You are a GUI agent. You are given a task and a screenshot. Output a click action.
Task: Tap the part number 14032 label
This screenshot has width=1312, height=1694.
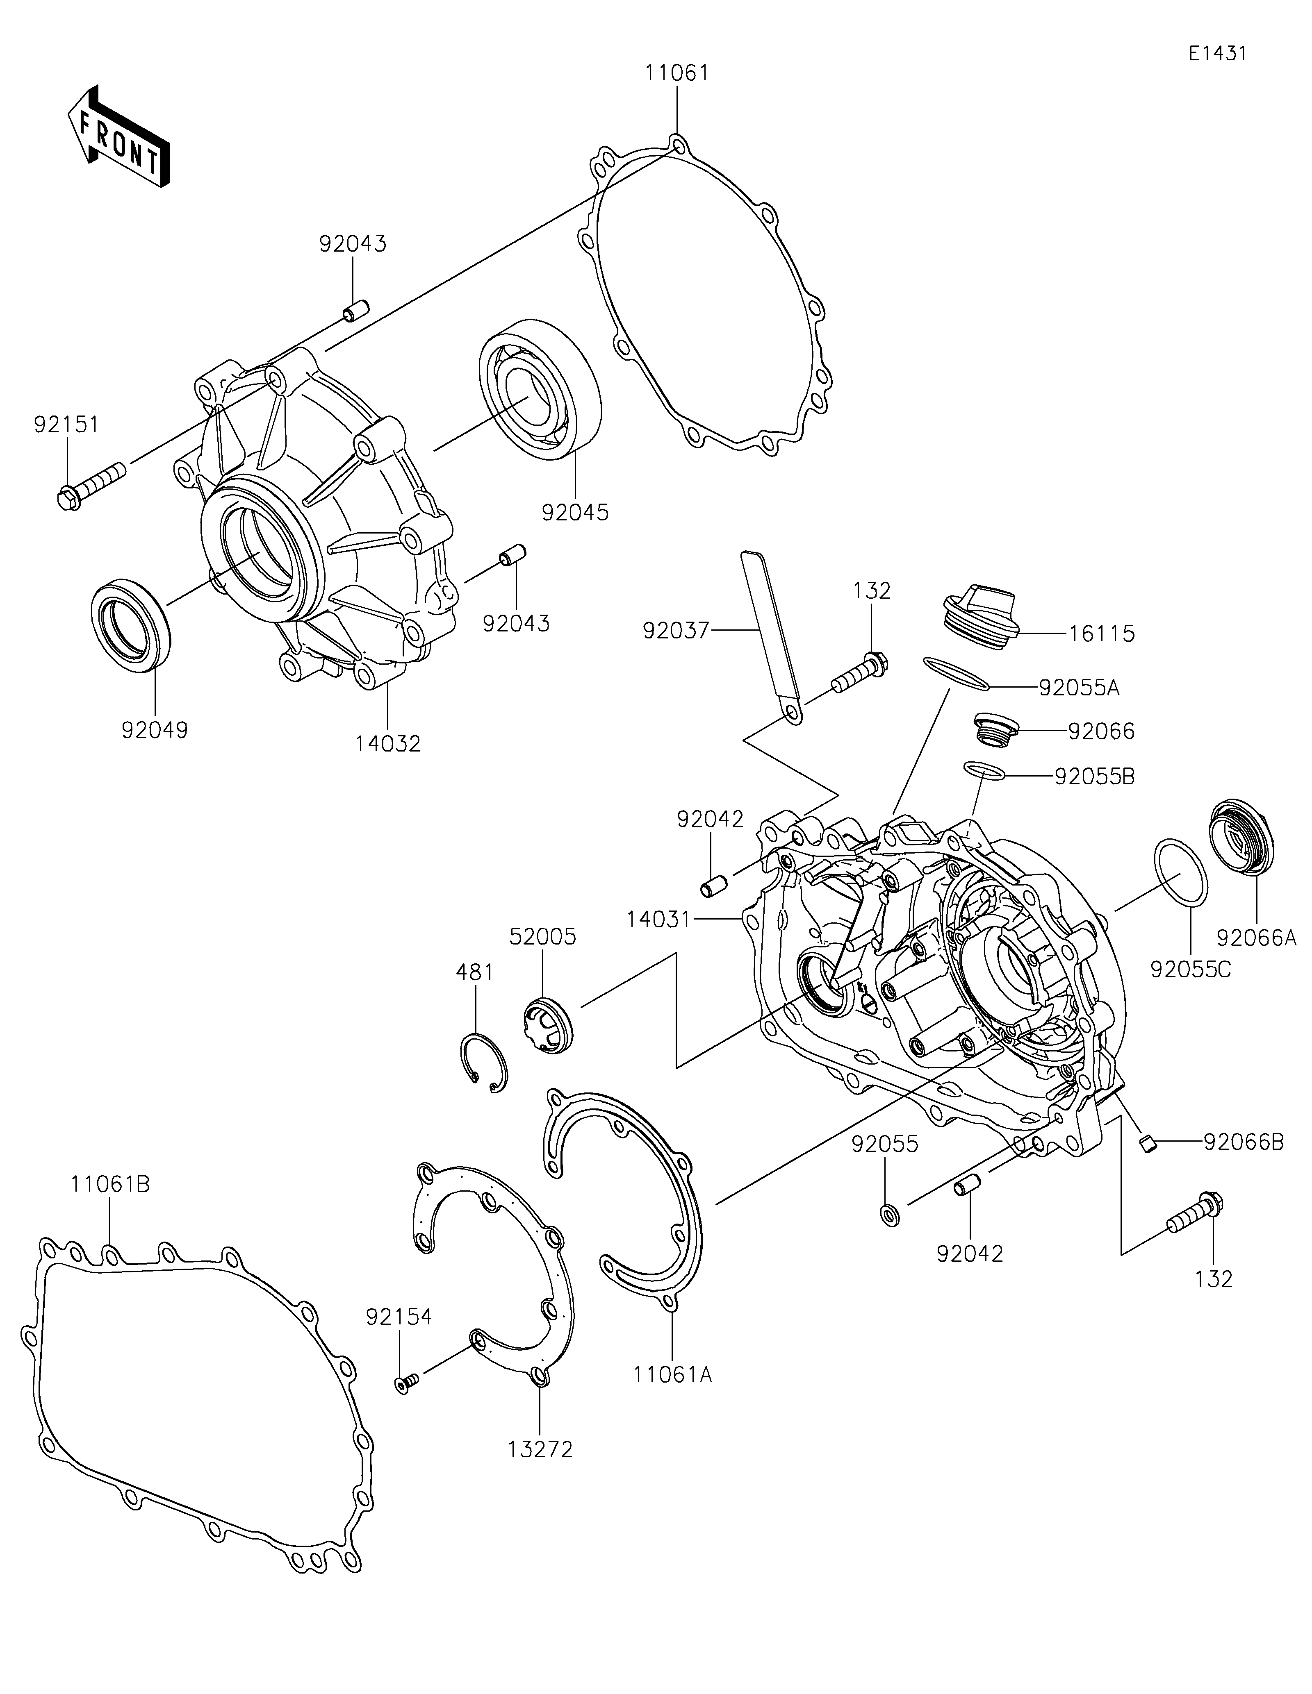tap(388, 744)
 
